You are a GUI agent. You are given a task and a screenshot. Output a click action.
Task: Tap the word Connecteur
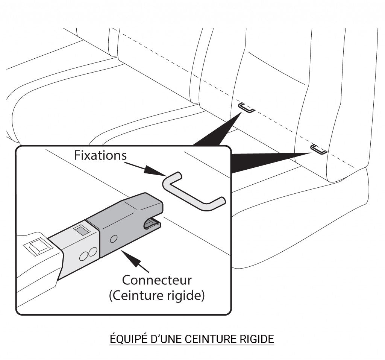click(x=157, y=280)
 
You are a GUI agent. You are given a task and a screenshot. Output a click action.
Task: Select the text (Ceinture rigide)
click(x=157, y=296)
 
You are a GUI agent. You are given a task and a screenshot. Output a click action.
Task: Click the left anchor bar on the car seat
click(x=247, y=108)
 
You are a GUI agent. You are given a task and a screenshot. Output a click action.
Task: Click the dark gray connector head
click(x=128, y=222)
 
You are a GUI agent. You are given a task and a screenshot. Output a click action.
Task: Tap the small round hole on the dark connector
click(x=115, y=239)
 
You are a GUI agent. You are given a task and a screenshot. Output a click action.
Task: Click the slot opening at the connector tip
click(x=152, y=224)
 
